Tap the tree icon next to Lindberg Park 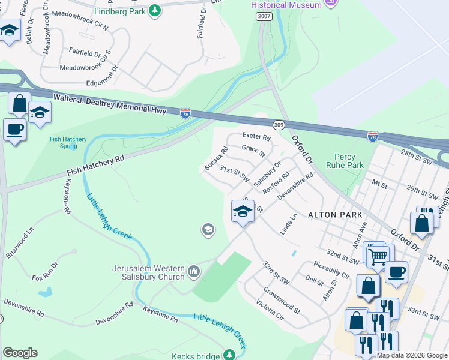(155, 10)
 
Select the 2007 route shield (263, 16)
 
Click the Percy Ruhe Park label (345, 160)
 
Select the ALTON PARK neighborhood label (335, 214)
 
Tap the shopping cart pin (378, 256)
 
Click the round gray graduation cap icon (208, 230)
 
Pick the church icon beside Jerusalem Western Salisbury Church (193, 272)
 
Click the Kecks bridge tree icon (229, 356)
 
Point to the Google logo (20, 353)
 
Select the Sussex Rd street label (216, 158)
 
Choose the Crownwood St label (282, 302)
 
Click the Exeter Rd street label (256, 137)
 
